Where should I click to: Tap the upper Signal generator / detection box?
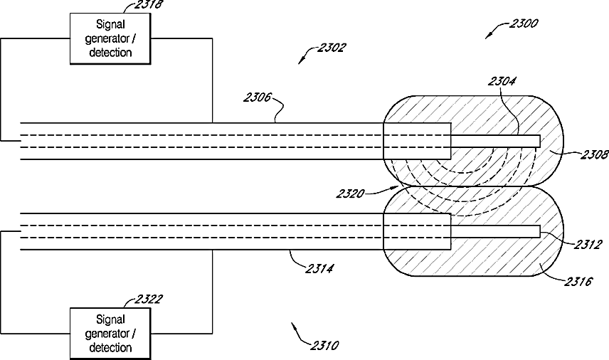coord(111,39)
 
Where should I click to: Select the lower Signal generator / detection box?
coord(111,333)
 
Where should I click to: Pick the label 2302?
coord(332,48)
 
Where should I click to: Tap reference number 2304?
coord(502,82)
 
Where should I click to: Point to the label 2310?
coord(324,346)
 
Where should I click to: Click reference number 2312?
coord(588,245)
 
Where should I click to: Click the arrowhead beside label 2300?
coord(488,36)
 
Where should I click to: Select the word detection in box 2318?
coord(110,52)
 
